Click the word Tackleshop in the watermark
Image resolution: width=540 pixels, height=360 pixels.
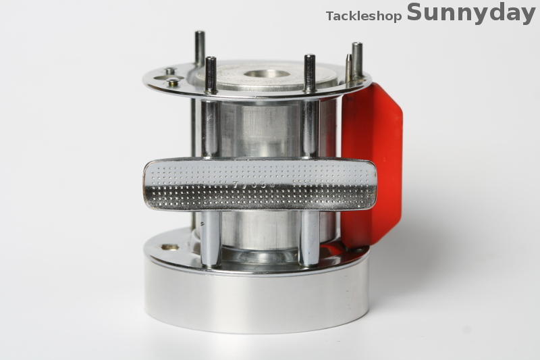tap(364, 16)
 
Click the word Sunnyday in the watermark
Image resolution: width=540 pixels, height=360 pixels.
tap(470, 13)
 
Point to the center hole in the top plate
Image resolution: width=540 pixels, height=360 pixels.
tap(266, 74)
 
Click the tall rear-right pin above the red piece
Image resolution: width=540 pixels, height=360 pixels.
tap(357, 59)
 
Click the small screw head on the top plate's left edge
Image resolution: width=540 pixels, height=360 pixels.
tap(173, 82)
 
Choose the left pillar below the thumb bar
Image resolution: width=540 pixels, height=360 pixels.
tap(211, 237)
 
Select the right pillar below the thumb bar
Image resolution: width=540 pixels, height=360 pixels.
tap(309, 236)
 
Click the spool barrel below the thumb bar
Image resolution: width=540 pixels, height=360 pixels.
tap(260, 230)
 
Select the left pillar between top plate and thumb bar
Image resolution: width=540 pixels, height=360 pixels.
tap(210, 128)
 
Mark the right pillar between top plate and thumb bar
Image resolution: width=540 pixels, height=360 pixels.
tap(310, 128)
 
